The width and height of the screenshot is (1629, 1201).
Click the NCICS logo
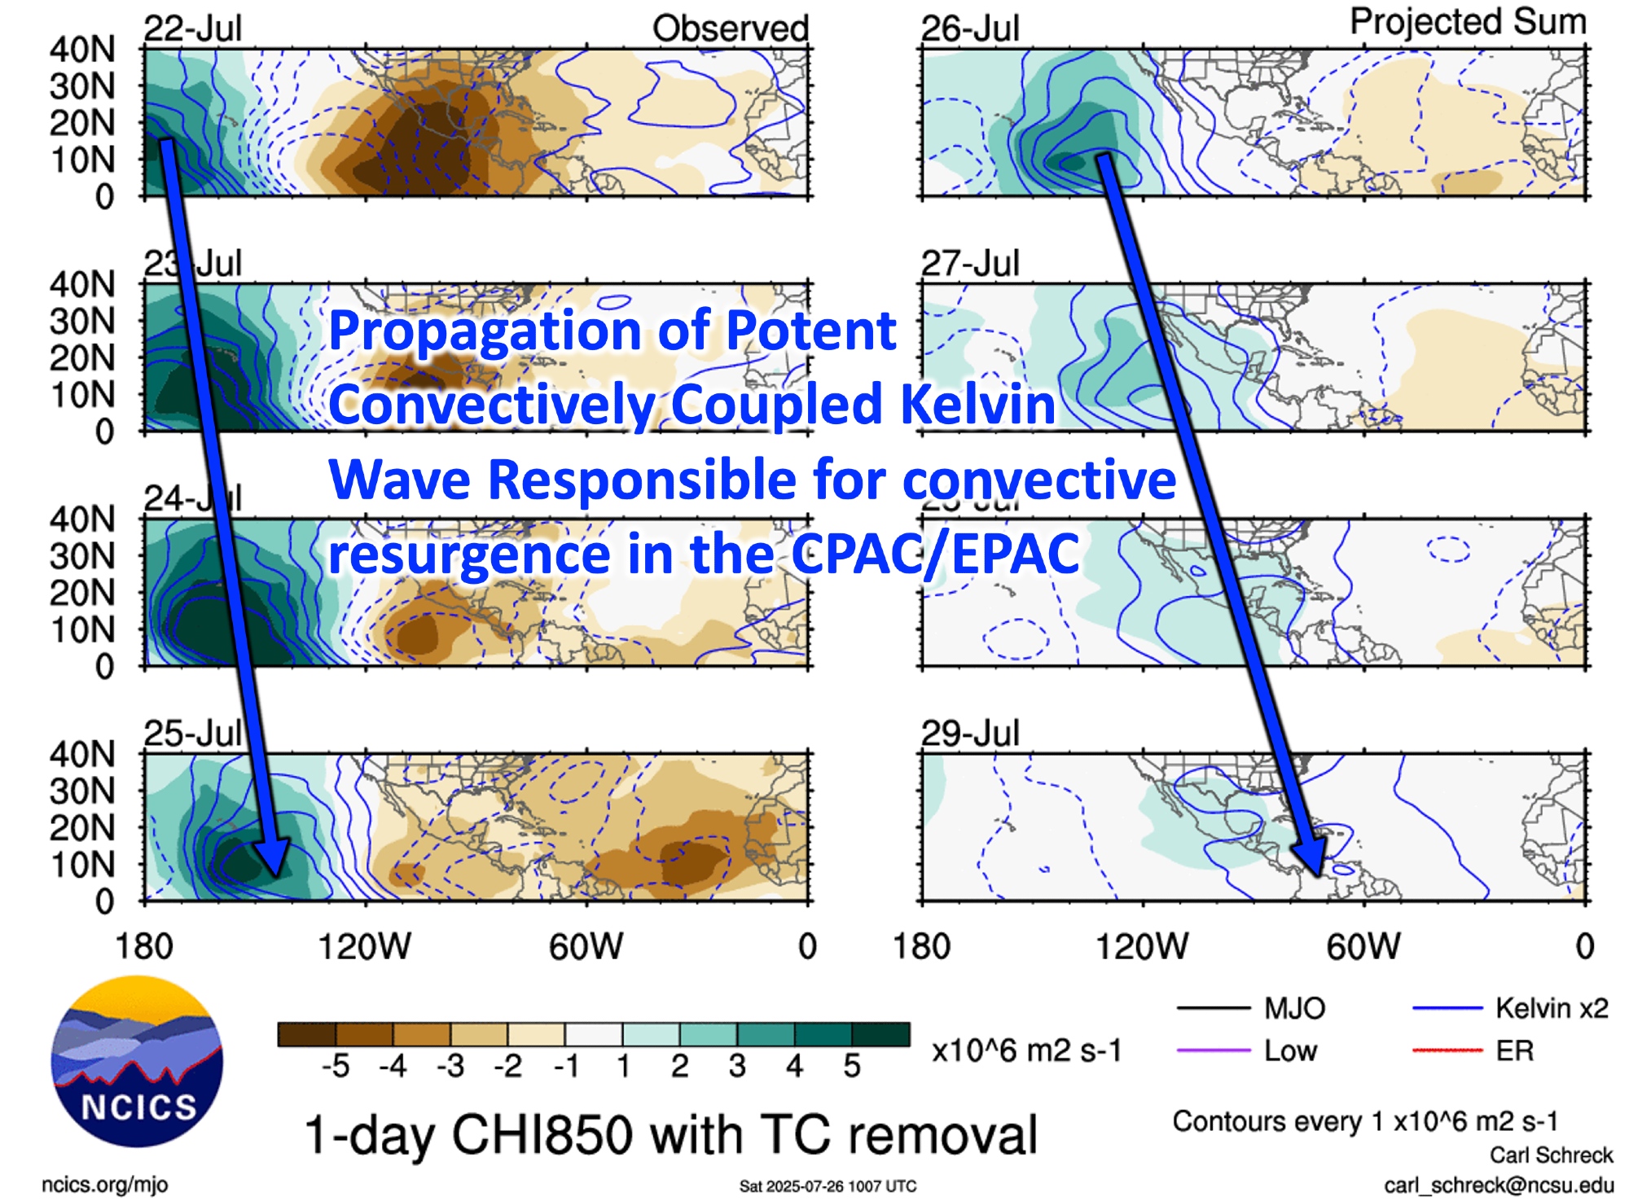pyautogui.click(x=136, y=1060)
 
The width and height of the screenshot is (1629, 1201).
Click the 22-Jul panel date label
pyautogui.click(x=192, y=28)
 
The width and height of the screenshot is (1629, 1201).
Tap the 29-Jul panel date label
pyautogui.click(x=969, y=733)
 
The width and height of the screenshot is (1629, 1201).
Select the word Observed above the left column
pyautogui.click(x=730, y=28)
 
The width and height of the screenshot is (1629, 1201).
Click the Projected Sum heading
pyautogui.click(x=1468, y=21)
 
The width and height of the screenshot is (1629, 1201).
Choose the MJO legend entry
pyautogui.click(x=1294, y=1009)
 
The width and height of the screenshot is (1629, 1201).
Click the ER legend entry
pyautogui.click(x=1514, y=1050)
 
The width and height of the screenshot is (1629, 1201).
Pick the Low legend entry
pyautogui.click(x=1290, y=1050)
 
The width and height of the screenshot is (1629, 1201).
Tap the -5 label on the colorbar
pyautogui.click(x=336, y=1065)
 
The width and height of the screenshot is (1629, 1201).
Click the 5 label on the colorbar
pyautogui.click(x=851, y=1065)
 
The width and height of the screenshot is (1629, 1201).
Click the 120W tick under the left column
pyautogui.click(x=364, y=946)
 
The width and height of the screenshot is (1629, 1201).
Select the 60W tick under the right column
pyautogui.click(x=1363, y=946)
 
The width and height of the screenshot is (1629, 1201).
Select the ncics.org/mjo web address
pyautogui.click(x=104, y=1184)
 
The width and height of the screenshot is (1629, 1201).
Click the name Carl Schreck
pyautogui.click(x=1551, y=1155)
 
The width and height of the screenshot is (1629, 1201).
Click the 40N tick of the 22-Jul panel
pyautogui.click(x=81, y=50)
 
